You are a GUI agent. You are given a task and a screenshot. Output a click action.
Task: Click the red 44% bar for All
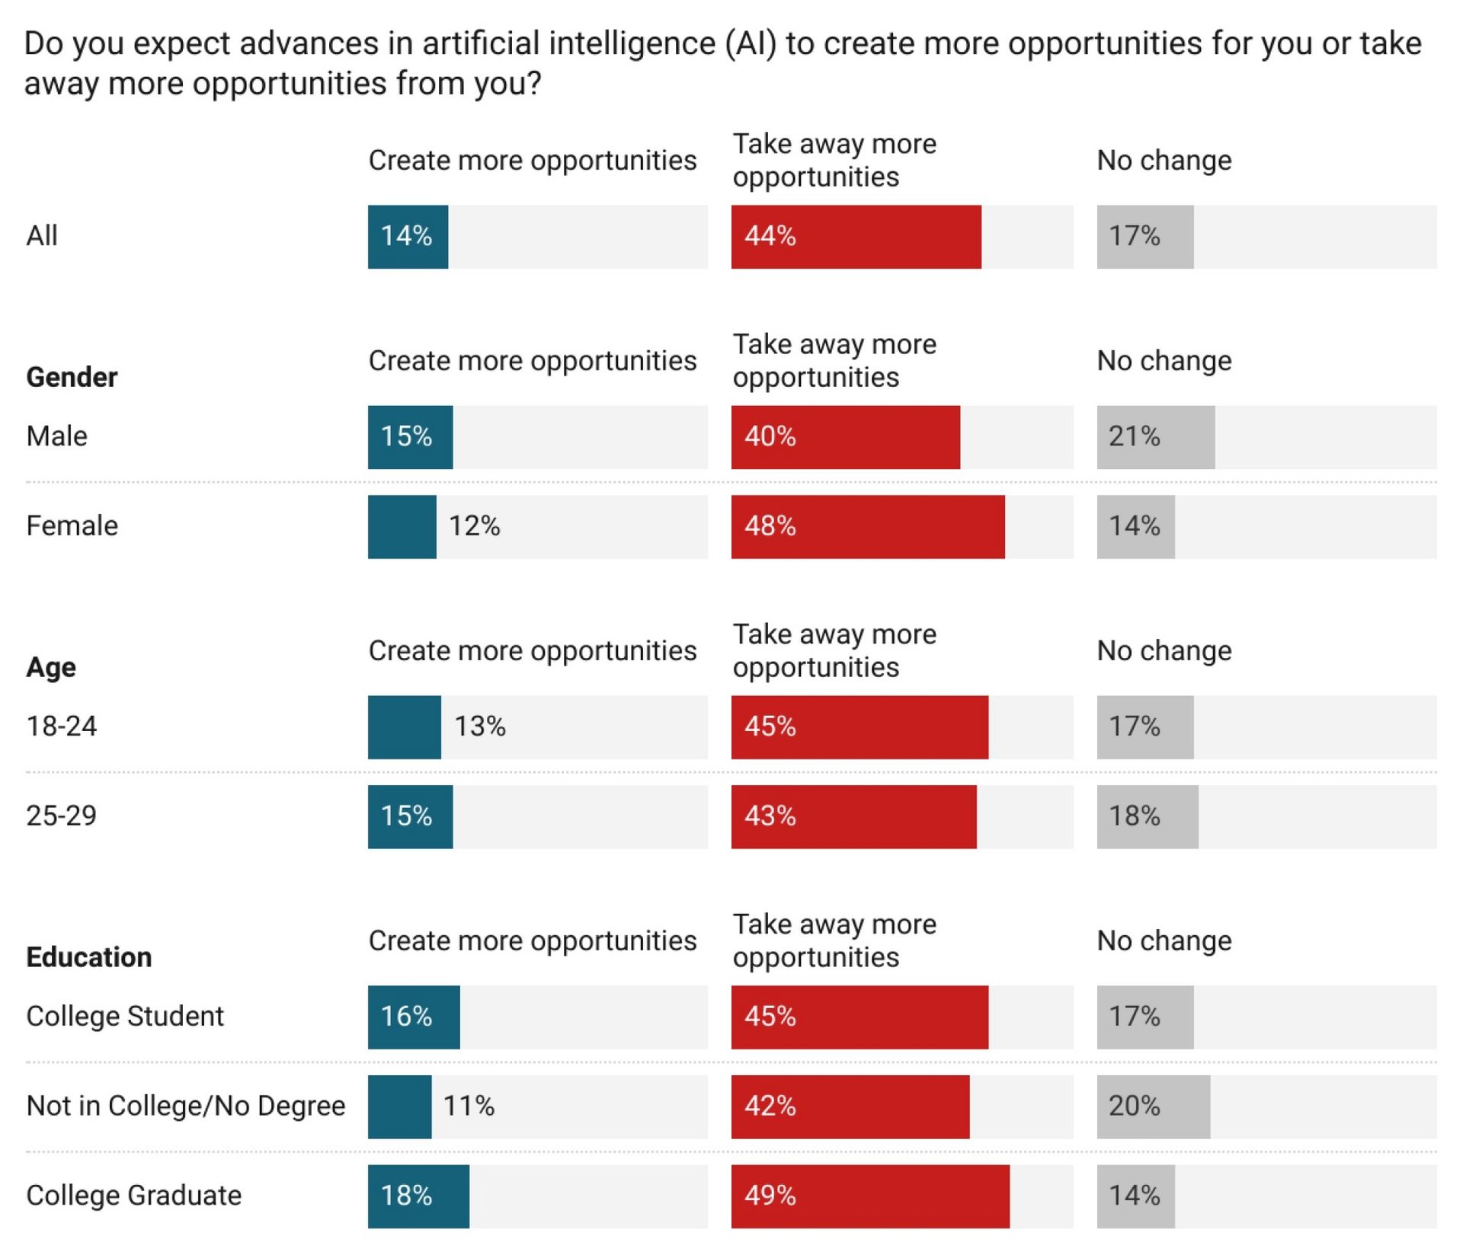856,237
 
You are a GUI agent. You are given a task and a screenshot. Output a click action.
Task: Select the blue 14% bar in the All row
408,237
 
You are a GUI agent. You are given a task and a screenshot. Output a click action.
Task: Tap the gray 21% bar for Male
1155,437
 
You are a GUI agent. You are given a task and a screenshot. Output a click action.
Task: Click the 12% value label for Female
474,526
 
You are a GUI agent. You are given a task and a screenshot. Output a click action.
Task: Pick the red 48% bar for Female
867,527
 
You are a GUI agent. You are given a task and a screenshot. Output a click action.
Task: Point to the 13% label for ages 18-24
480,726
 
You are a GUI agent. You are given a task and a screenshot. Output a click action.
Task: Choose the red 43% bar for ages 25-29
853,816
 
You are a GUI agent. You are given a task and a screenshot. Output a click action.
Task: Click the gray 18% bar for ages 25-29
1147,816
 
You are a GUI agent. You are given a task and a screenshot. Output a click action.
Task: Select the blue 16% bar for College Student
414,1017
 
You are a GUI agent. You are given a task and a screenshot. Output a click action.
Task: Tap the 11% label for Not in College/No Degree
469,1106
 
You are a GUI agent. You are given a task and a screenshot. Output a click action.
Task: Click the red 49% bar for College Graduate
870,1196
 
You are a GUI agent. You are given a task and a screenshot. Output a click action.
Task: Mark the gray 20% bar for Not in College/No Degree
1153,1106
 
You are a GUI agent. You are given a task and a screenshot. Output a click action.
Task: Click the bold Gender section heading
72,377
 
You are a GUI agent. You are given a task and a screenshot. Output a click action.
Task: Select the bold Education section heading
89,957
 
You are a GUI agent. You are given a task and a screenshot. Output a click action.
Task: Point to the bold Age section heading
51,667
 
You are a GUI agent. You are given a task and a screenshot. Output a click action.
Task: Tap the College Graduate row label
134,1196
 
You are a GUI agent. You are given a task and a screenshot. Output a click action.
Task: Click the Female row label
72,526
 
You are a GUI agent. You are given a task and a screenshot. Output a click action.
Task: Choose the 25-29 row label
62,816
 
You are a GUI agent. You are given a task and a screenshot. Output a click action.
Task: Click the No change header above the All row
1164,161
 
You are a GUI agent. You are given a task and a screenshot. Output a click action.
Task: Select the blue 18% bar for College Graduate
418,1196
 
